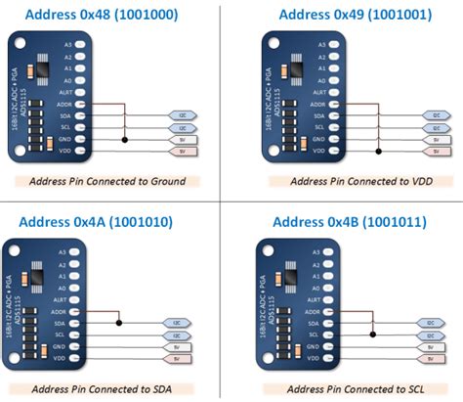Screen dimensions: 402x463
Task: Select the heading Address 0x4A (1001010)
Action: (96, 222)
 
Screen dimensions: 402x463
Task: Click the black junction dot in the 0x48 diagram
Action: (123, 140)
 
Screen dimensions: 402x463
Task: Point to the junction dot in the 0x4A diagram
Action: (118, 322)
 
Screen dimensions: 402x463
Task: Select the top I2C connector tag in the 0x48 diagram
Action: (183, 115)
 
